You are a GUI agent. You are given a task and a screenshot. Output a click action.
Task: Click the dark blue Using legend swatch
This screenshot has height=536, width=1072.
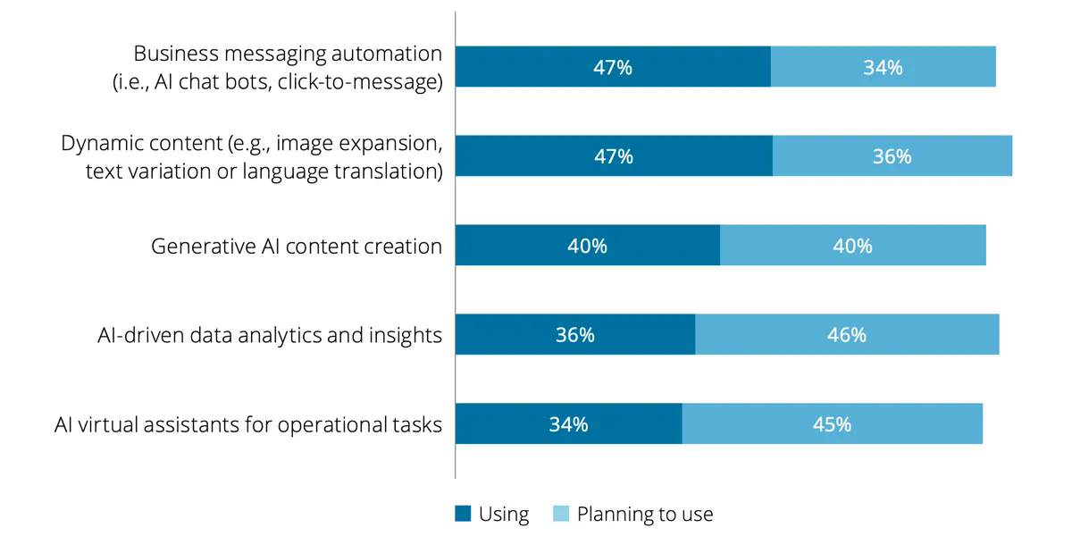tap(463, 514)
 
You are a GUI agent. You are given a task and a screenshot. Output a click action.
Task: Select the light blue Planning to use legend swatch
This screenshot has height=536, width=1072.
tap(561, 514)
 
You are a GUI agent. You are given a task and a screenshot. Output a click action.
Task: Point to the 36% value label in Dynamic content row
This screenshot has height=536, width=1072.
tap(892, 156)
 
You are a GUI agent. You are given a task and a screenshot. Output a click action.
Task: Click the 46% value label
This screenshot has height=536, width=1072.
tap(846, 335)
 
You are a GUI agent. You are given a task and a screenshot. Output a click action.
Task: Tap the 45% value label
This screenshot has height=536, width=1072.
tap(832, 424)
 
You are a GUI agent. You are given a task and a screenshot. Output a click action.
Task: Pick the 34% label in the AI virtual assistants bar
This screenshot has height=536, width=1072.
tap(568, 424)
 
